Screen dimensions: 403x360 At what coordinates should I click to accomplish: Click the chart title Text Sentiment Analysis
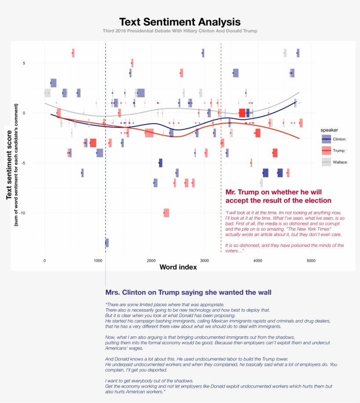[180, 22]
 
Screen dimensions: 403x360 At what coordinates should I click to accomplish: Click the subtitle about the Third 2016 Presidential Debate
[180, 31]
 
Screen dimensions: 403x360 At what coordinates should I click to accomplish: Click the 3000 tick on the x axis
[204, 260]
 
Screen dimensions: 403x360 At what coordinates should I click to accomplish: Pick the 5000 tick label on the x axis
[311, 260]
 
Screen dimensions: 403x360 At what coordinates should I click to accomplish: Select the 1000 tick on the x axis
[97, 260]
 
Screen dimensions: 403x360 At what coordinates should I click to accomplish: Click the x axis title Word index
[178, 267]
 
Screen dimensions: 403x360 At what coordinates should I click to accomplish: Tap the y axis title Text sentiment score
[9, 163]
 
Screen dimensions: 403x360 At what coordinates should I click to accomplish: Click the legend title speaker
[329, 130]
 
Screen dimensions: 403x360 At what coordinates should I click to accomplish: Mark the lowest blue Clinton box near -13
[107, 243]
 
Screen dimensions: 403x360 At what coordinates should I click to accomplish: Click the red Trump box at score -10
[166, 213]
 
